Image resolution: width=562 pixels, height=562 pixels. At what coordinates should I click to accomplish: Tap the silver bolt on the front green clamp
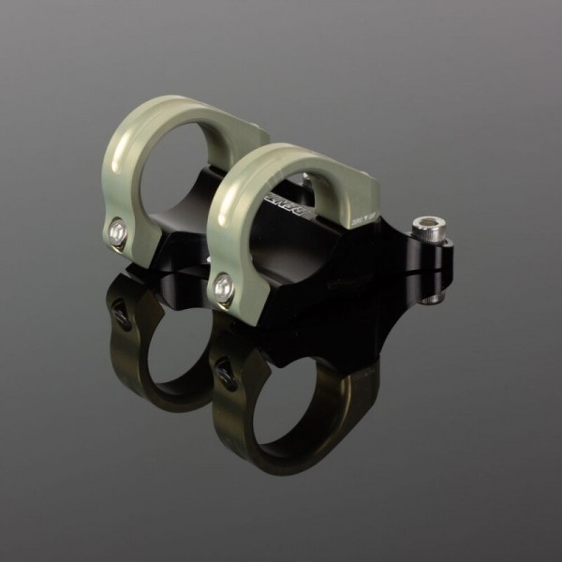click(x=222, y=288)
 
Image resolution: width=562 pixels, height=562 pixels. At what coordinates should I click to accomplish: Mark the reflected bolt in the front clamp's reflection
click(x=225, y=373)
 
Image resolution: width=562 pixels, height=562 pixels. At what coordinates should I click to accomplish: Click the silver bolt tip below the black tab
click(x=430, y=299)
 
